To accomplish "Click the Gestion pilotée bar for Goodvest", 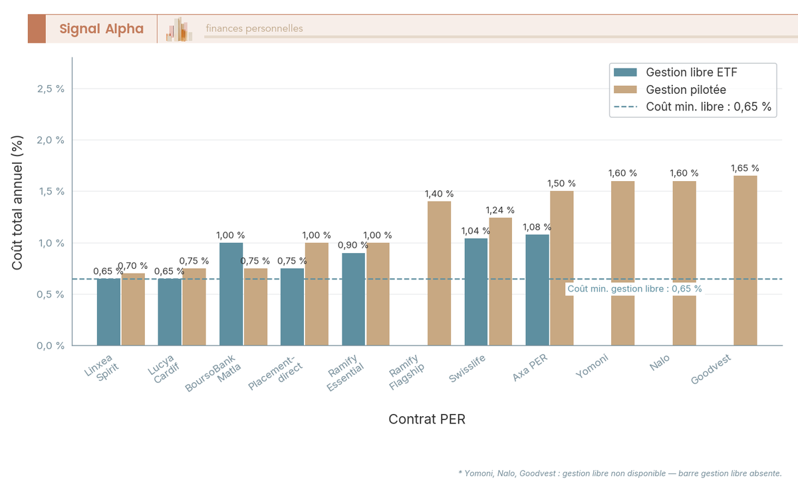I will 745,260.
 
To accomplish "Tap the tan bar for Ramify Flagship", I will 439,273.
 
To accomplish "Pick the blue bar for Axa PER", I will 537,290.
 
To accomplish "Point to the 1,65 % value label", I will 745,168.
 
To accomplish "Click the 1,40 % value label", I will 439,194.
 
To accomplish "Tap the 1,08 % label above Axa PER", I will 537,227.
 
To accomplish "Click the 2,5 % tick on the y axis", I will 51,89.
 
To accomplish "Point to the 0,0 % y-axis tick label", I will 51,346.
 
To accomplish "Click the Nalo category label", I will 659,363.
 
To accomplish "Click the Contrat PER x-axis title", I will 427,419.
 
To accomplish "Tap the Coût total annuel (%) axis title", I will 18,203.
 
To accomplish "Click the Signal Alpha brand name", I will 101,29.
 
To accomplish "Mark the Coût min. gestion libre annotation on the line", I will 634,289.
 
